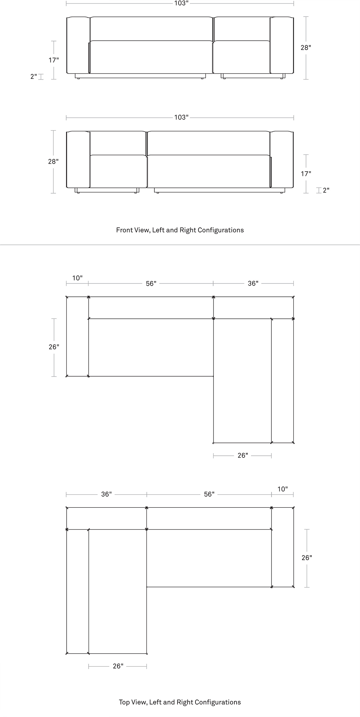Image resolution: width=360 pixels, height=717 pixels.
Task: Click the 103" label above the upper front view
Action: click(x=181, y=3)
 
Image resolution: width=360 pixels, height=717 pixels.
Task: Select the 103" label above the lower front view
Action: click(x=181, y=117)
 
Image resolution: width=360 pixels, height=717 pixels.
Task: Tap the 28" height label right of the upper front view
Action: click(x=306, y=47)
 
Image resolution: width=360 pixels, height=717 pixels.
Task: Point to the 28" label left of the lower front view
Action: click(x=53, y=162)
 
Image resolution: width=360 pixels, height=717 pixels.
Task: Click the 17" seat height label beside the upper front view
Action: click(x=54, y=60)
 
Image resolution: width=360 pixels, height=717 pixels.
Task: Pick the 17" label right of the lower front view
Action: click(x=306, y=174)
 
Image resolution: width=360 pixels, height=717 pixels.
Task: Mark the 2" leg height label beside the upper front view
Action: click(x=33, y=77)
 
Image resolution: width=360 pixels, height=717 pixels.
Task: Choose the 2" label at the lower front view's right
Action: click(x=326, y=190)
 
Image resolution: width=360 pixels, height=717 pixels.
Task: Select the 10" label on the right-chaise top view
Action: click(x=77, y=278)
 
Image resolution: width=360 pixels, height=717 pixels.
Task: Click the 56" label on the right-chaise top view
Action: click(x=151, y=283)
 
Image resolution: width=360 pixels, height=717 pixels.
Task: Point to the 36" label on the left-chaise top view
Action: click(x=107, y=494)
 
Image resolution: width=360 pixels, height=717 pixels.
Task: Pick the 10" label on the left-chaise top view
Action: click(x=283, y=489)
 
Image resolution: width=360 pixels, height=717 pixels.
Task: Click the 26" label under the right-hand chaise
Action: click(x=243, y=455)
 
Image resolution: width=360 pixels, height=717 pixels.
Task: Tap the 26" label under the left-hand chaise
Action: click(x=118, y=666)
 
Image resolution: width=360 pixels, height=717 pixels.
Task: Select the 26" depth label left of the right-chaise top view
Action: click(x=54, y=347)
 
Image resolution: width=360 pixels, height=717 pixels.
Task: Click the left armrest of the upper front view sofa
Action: click(x=78, y=45)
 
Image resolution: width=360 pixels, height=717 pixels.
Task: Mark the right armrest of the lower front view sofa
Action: click(x=282, y=159)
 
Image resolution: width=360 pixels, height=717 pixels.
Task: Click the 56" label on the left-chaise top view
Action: click(x=209, y=494)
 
